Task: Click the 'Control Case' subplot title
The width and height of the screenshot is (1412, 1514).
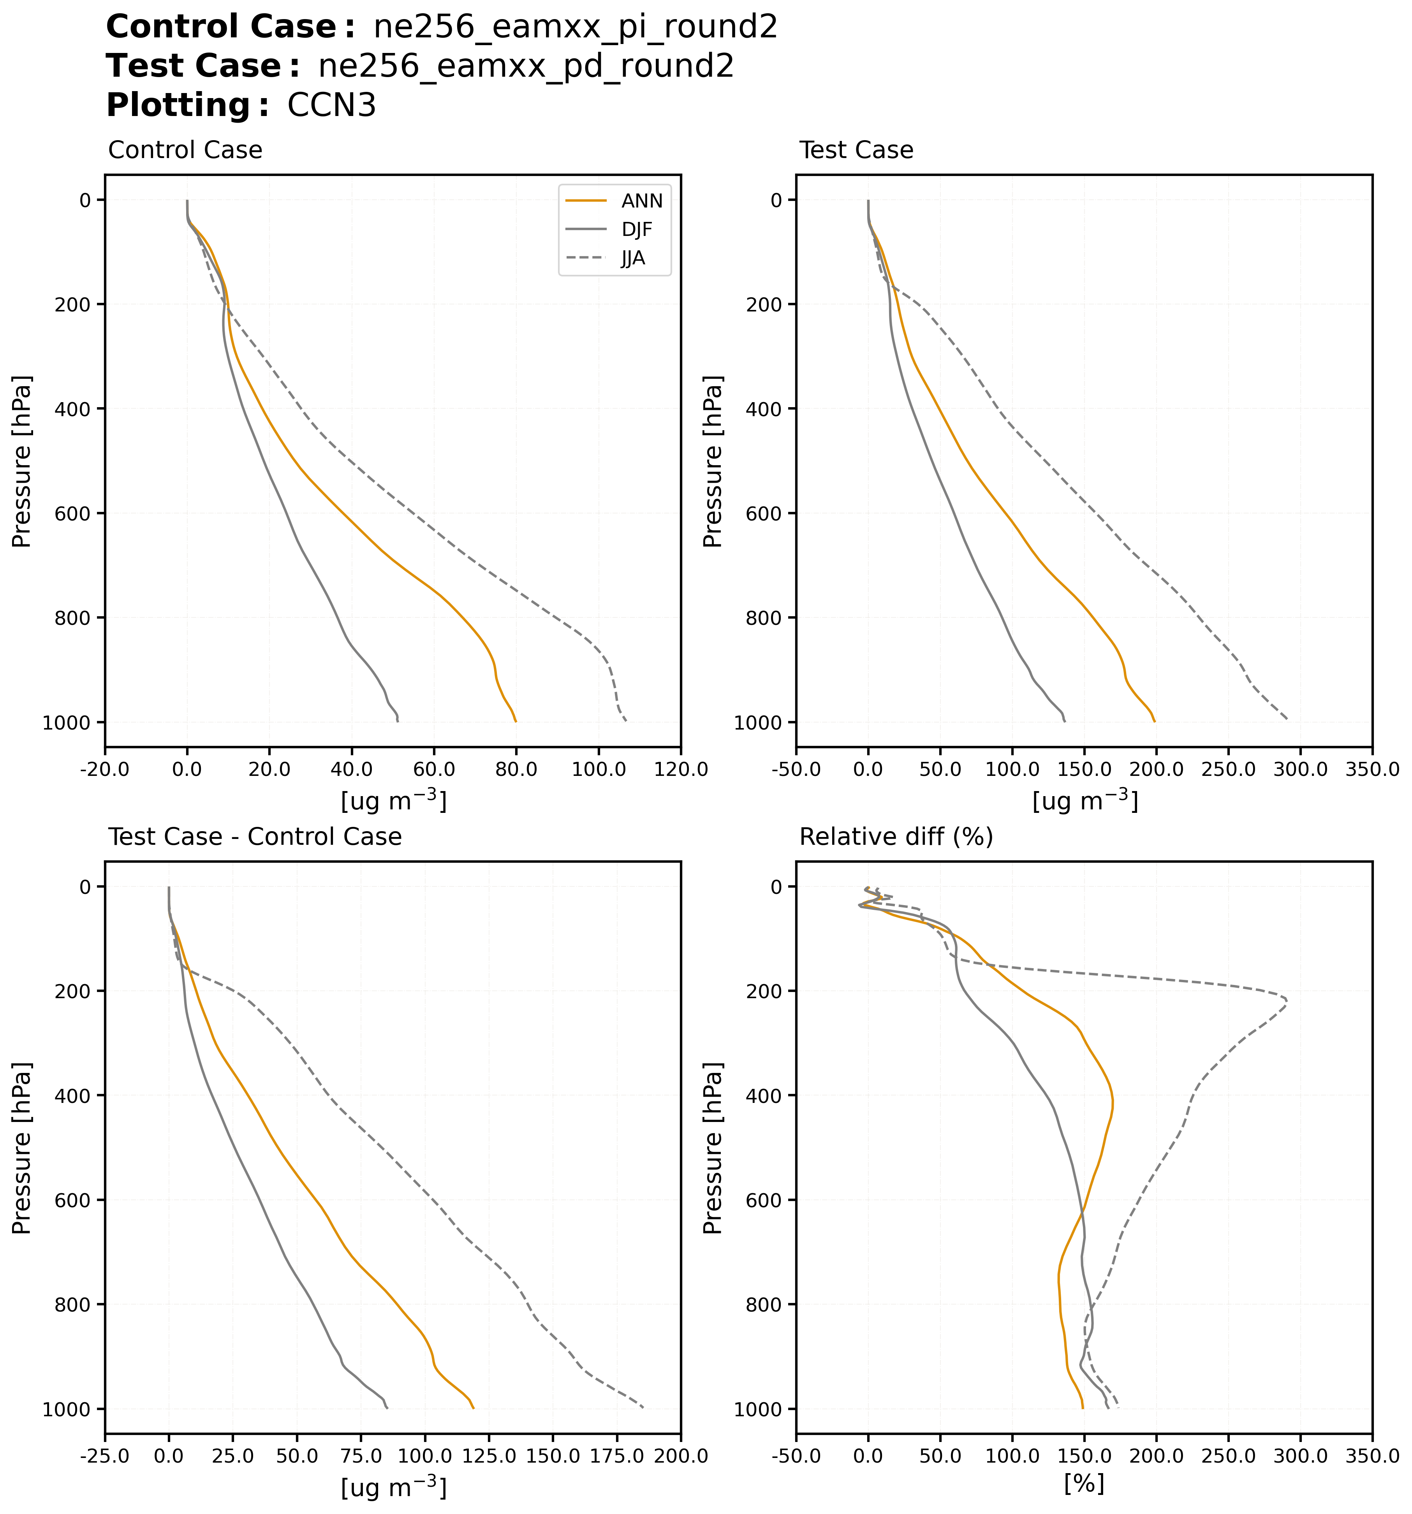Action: (185, 150)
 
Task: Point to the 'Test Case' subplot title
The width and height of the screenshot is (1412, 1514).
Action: (856, 150)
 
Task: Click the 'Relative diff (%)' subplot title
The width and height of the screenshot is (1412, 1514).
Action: (896, 837)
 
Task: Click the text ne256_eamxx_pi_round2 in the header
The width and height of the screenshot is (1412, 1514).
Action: (576, 27)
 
